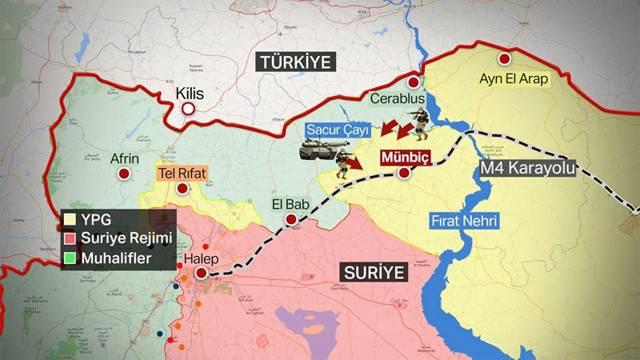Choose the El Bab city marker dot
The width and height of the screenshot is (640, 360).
[291, 219]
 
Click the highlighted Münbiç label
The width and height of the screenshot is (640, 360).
[403, 156]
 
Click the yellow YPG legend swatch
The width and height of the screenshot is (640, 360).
[68, 218]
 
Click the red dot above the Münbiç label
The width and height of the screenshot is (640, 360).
[404, 173]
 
